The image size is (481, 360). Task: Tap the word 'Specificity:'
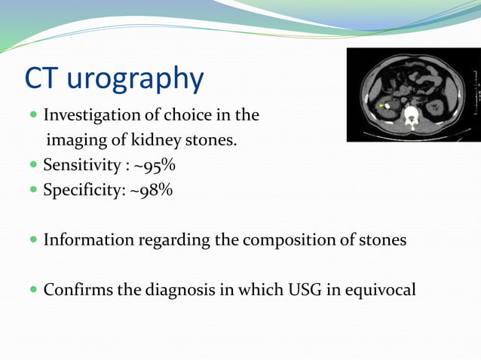pos(81,190)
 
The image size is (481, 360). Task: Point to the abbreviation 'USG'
pos(306,289)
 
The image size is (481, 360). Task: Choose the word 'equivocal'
pos(381,289)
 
